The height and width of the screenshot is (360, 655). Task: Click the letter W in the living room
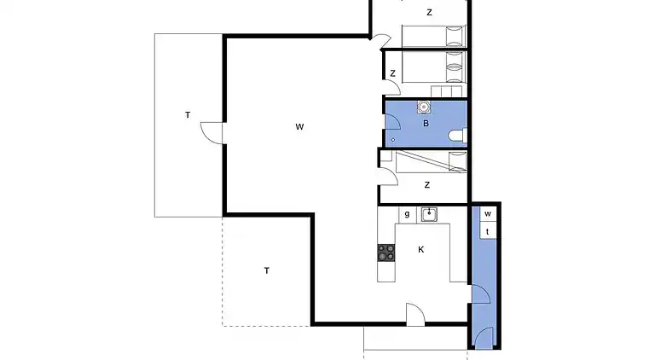coord(299,127)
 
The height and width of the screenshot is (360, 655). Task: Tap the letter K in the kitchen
coord(420,250)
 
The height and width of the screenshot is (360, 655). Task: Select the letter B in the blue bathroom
coord(426,124)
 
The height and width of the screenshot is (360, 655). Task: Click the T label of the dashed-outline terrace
coord(267,270)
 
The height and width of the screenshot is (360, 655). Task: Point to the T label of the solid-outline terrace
coord(188,114)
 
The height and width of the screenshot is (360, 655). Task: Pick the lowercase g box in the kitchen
coord(408,213)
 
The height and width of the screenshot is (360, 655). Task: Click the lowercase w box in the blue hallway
coord(488,213)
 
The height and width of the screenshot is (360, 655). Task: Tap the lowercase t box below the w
coord(488,231)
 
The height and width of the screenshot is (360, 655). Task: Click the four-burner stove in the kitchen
coord(387,253)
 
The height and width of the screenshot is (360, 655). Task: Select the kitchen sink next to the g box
coord(429,213)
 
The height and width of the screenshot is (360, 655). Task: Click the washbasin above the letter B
coord(423,107)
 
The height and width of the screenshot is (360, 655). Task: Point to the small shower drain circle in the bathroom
coord(393,138)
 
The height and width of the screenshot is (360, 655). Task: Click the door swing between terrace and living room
coord(211,134)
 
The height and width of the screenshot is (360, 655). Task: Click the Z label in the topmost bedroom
coord(429,13)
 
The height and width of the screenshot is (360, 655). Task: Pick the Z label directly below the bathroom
coord(426,184)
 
